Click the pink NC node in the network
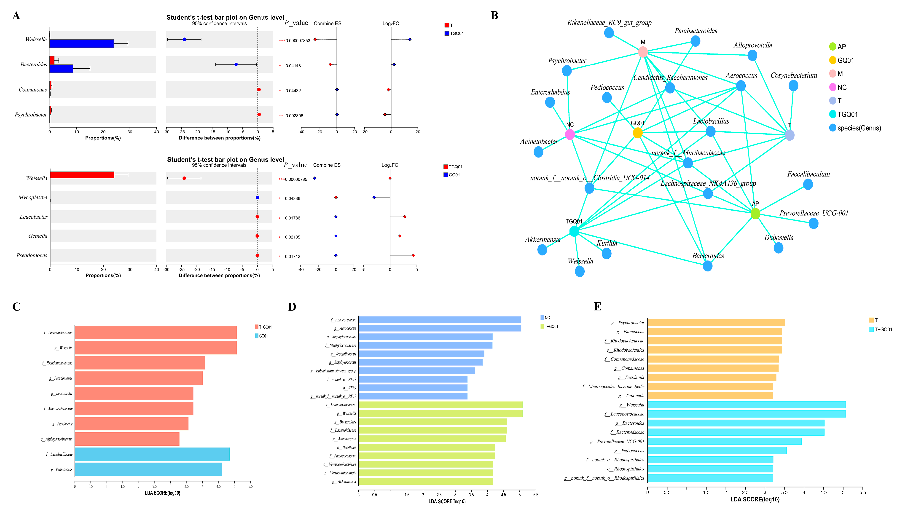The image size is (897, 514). tap(569, 134)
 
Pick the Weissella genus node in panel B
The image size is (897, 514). tap(579, 271)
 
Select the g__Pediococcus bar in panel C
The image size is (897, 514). tap(148, 469)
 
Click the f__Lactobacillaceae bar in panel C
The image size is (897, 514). tap(152, 454)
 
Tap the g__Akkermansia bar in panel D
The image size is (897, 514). tap(425, 482)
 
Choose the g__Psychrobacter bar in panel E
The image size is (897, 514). tap(716, 323)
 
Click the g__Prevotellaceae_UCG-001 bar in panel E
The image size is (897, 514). tap(724, 442)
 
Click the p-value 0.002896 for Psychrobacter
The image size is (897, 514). tap(294, 116)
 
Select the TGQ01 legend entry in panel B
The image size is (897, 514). tap(847, 114)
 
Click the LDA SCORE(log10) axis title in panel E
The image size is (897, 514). tap(755, 500)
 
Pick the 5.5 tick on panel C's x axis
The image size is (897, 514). tap(250, 487)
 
